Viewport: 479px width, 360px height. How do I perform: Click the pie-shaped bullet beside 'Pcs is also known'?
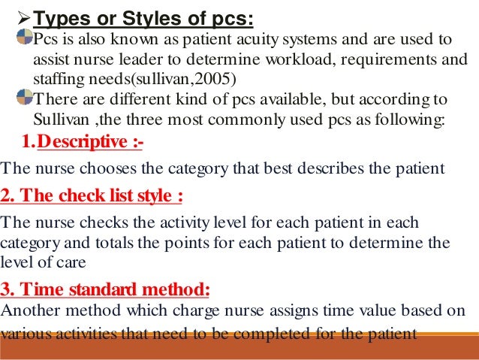pyautogui.click(x=25, y=38)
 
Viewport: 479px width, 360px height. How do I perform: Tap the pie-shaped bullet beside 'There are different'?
pyautogui.click(x=25, y=98)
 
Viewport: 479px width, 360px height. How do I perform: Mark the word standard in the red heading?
pyautogui.click(x=116, y=290)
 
